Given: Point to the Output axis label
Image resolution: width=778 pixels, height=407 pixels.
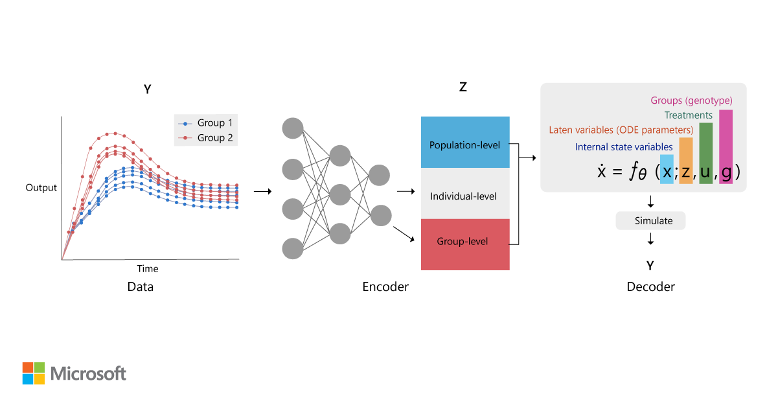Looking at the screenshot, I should tap(41, 188).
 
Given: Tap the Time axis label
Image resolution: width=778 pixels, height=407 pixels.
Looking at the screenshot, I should tap(147, 268).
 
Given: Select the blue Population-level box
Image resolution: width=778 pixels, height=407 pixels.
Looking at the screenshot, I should tap(465, 145).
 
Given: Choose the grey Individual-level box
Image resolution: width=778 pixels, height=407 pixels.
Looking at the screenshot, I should tap(465, 195).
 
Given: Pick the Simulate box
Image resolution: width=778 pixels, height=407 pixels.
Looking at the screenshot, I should tap(650, 221).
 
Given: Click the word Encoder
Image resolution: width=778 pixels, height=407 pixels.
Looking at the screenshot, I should tap(385, 286).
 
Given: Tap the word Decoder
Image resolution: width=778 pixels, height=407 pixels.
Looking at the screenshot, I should tap(650, 286).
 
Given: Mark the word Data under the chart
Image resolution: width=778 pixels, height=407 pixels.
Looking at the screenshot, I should tap(140, 286).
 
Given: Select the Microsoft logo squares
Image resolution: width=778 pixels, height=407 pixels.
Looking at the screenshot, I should tap(34, 373).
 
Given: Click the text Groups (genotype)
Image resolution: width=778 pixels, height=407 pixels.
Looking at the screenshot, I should tap(691, 100).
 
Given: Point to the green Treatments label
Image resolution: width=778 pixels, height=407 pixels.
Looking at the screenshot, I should tap(688, 115).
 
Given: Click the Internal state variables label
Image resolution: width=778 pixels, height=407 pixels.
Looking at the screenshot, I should tap(624, 147).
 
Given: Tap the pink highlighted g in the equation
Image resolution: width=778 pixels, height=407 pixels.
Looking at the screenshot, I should tap(726, 172).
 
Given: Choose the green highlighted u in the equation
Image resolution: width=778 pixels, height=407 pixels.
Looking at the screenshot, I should tap(706, 172).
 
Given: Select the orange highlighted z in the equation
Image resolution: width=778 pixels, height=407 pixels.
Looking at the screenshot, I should tap(686, 172).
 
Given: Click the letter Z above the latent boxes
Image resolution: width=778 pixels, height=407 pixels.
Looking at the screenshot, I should tap(463, 86).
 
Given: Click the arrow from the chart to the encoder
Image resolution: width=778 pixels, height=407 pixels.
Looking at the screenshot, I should tap(262, 192).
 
